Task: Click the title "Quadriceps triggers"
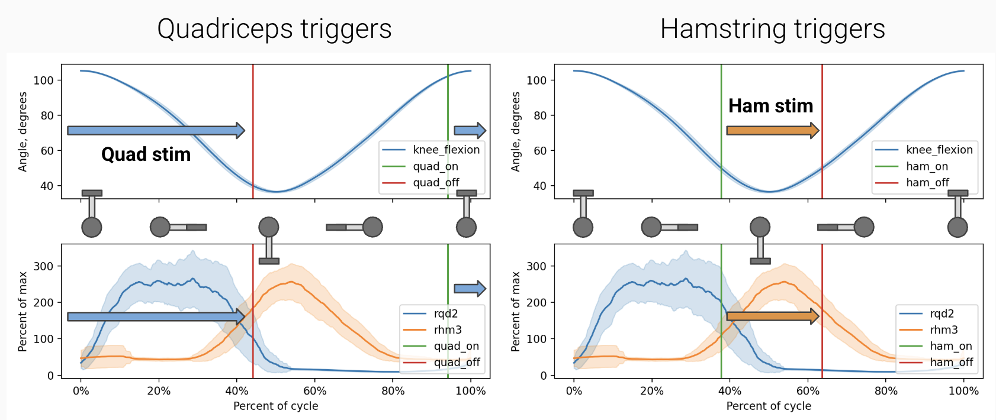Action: (x=274, y=29)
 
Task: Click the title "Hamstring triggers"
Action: (x=772, y=29)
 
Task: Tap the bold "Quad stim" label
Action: (x=146, y=154)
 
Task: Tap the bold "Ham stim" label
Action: (x=770, y=106)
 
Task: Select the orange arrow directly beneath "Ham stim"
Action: (x=772, y=130)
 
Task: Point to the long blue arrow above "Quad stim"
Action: (x=156, y=130)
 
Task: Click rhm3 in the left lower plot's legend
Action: (x=448, y=330)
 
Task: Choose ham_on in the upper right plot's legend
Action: (x=927, y=166)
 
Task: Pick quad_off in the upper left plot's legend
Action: (x=436, y=183)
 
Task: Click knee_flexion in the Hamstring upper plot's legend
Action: (x=939, y=150)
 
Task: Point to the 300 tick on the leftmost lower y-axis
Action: (x=43, y=266)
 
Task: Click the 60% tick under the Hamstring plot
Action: (x=808, y=391)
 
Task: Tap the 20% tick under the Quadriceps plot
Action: (x=159, y=391)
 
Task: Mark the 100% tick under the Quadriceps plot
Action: (x=471, y=391)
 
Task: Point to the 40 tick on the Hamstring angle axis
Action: (x=539, y=186)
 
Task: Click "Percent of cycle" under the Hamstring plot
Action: (x=769, y=406)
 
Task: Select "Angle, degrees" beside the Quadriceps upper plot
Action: (x=23, y=132)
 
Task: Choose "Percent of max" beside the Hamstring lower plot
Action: (x=516, y=312)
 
